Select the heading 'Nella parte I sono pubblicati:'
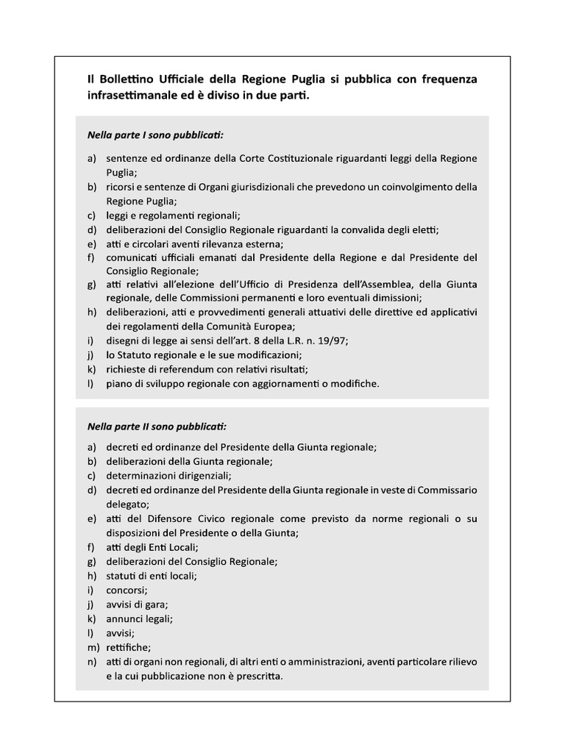[x=155, y=136]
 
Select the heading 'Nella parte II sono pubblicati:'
[x=157, y=426]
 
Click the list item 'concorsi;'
[x=127, y=590]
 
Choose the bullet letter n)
[x=93, y=662]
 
